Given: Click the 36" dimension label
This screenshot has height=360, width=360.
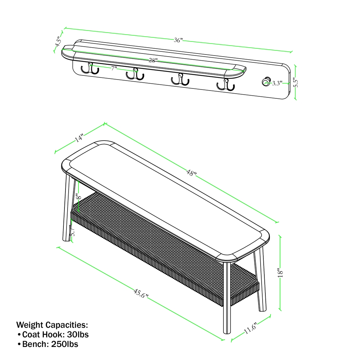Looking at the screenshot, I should pos(178,40).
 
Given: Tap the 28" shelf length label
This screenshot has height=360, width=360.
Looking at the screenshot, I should pos(153,61).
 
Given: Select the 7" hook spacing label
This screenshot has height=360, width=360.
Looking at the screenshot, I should pos(114,68).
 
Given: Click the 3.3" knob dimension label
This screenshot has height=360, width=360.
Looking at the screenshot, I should pos(277,83).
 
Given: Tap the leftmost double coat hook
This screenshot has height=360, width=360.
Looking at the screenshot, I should pos(90,68).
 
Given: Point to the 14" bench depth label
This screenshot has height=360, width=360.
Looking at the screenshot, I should pos(79,138).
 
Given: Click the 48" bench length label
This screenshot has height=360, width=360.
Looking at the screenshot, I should pos(191,173).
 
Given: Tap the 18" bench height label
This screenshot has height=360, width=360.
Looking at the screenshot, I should pos(281,273).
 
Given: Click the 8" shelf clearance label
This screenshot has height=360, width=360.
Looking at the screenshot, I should pos(79,197).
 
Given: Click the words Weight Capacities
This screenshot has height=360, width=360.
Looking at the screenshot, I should pos(52,324).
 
